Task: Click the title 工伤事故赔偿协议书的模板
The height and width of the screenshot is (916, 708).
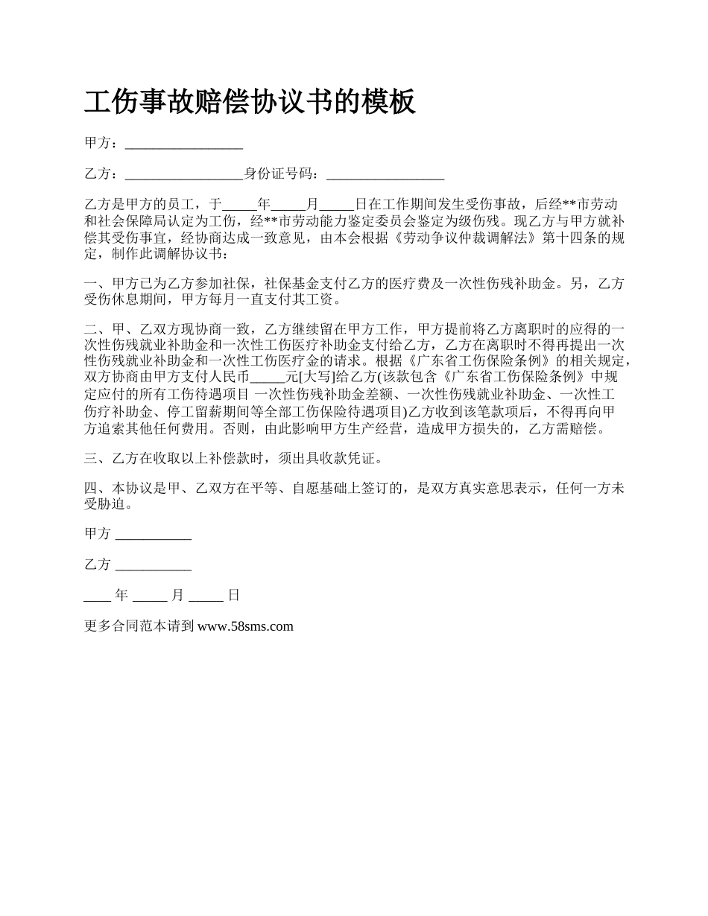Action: [250, 102]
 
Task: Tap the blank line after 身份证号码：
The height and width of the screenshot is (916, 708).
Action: [385, 175]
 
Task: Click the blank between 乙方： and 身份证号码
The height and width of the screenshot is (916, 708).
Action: [184, 175]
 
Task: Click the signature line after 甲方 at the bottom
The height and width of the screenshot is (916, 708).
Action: [154, 535]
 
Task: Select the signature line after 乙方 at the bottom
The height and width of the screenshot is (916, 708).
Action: [154, 565]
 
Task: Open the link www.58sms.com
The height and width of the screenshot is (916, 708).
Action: [245, 626]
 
